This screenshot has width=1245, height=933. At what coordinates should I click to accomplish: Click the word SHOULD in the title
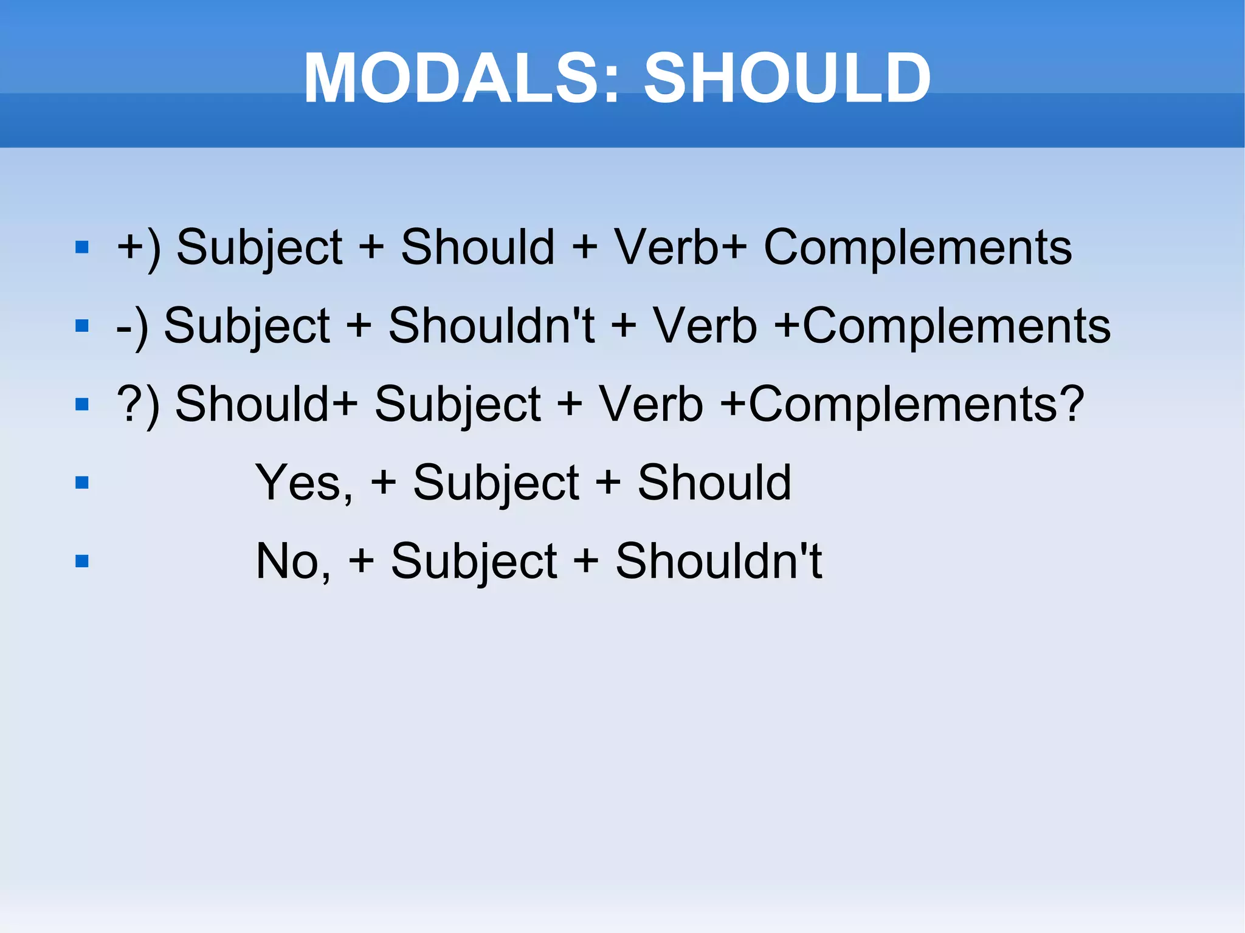click(787, 78)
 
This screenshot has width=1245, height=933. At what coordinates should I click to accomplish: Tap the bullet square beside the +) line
click(82, 247)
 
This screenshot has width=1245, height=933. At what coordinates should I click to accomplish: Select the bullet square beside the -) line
click(82, 326)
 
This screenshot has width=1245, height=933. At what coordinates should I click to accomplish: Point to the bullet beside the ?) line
click(82, 404)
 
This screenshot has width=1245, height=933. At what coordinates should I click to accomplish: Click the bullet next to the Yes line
click(82, 483)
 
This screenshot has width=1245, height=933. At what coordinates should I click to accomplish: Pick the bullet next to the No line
click(82, 560)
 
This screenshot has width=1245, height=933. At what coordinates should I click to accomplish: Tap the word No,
click(294, 561)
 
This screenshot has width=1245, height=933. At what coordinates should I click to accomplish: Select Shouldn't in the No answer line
click(719, 561)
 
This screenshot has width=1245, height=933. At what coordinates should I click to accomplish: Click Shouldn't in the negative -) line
click(491, 326)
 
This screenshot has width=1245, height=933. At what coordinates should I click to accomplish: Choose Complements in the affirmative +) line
click(917, 247)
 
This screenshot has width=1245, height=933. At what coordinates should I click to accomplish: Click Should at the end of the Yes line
click(714, 483)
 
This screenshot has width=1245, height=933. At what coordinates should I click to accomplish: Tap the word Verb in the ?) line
click(650, 404)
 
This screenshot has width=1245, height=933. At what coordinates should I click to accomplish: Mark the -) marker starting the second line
click(133, 327)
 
